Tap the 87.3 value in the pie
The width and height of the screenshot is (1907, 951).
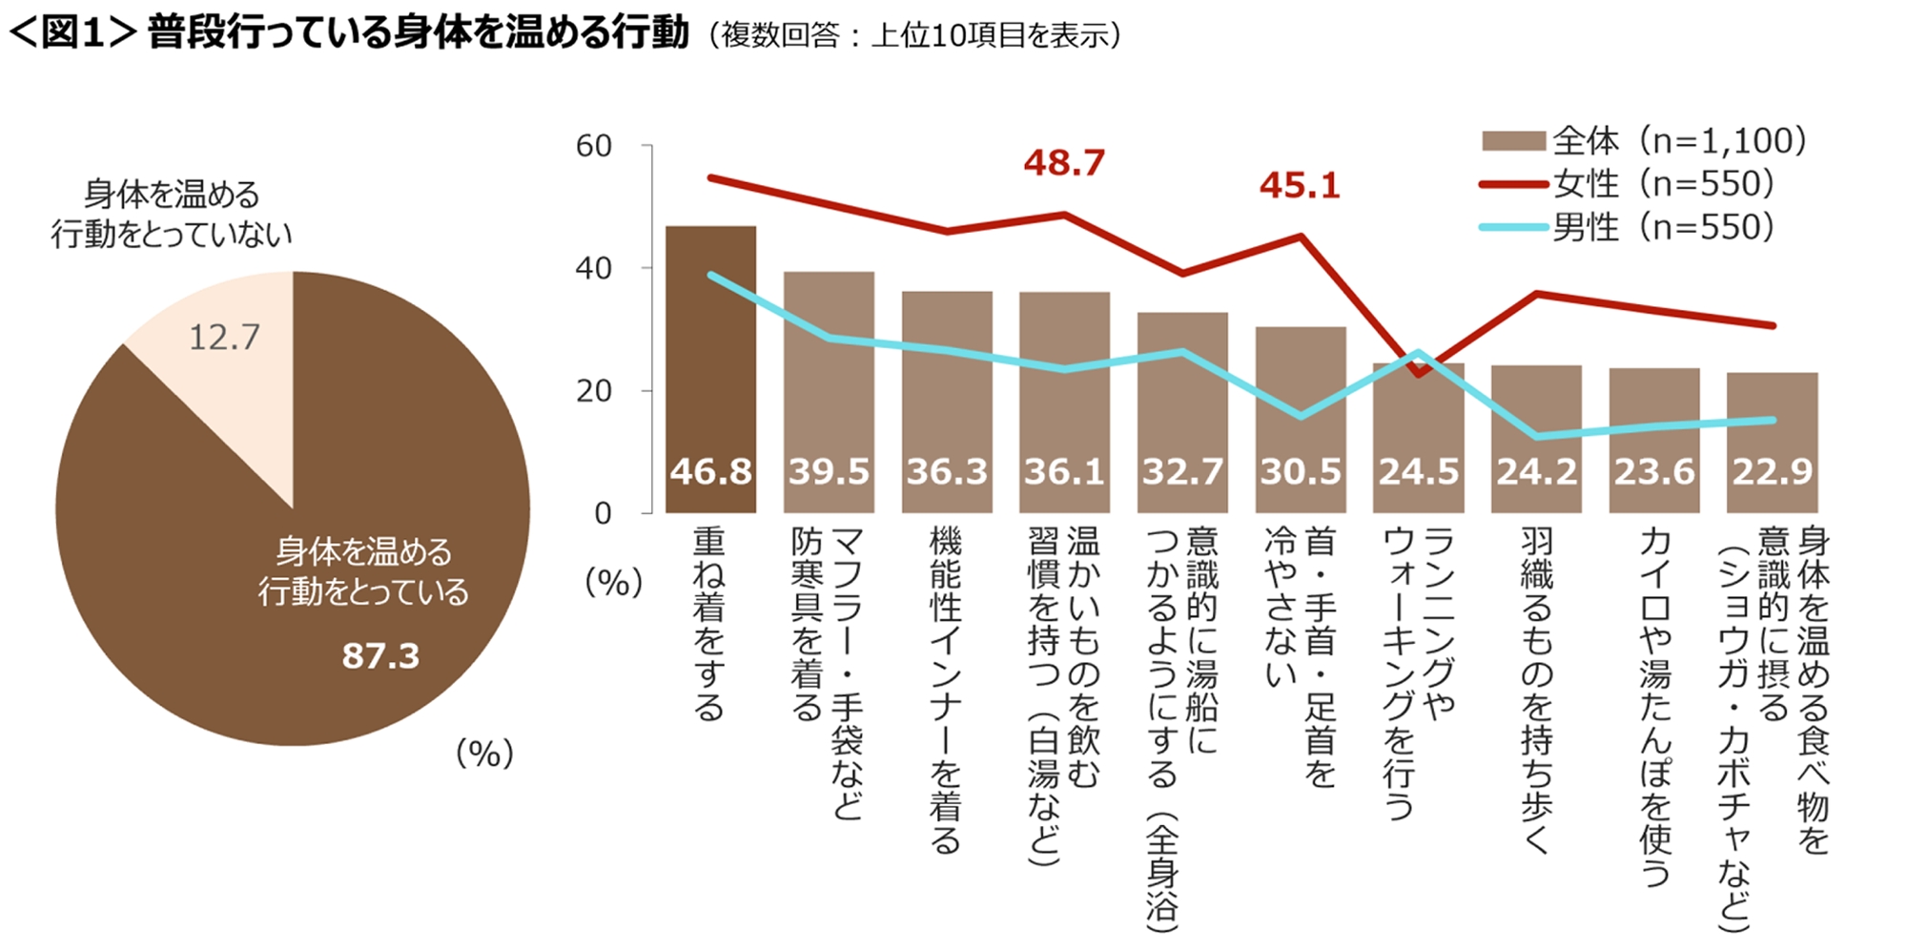click(380, 656)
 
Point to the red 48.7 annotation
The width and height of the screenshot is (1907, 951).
click(1064, 163)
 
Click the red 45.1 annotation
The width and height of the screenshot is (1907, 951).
click(1300, 185)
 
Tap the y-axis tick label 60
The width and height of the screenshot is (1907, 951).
click(593, 146)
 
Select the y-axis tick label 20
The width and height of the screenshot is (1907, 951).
click(593, 391)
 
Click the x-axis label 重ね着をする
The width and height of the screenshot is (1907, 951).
click(709, 625)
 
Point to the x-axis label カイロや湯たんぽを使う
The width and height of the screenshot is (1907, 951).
click(1654, 706)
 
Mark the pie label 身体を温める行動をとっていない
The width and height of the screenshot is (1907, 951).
click(172, 214)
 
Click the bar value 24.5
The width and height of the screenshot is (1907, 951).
click(1418, 471)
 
